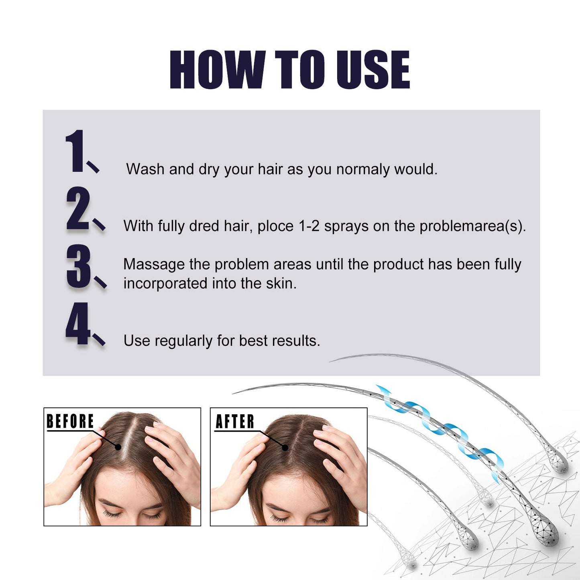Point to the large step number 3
79,266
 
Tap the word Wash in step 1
145,169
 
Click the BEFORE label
70,421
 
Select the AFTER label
235,421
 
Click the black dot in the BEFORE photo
118,447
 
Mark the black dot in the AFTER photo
285,447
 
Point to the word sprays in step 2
346,226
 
